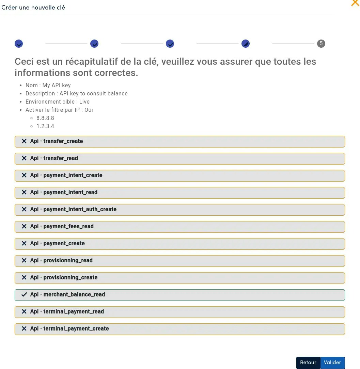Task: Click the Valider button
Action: tap(332, 363)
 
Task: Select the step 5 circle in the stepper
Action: tap(321, 44)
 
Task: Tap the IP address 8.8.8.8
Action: tap(45, 118)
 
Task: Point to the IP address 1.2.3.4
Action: tap(45, 126)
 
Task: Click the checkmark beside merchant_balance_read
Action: tap(24, 294)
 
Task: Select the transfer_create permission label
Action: tap(63, 141)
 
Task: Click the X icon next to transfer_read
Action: tap(24, 158)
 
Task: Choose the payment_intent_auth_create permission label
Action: tap(80, 209)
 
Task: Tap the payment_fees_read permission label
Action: tap(68, 226)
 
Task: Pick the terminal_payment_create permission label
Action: tap(76, 328)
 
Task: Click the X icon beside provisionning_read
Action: tap(24, 260)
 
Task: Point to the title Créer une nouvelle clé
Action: tap(33, 7)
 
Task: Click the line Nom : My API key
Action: tap(48, 85)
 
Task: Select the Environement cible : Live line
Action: tap(58, 102)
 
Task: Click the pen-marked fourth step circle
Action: tap(245, 44)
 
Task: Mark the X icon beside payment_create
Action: tap(24, 243)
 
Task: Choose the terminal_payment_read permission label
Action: tap(74, 311)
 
